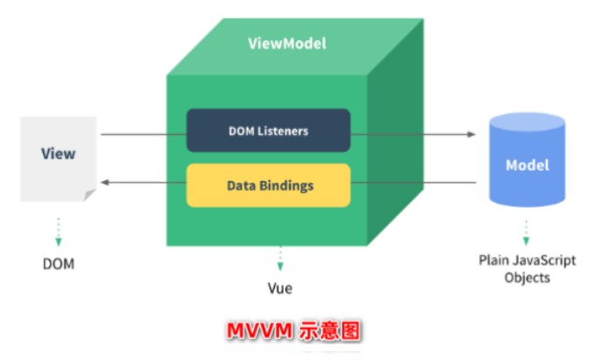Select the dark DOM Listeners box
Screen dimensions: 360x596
[x=269, y=131]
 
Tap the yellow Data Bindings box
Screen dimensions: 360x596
[x=269, y=186]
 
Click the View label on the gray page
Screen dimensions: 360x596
[x=58, y=153]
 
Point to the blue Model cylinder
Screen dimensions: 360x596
[x=527, y=166]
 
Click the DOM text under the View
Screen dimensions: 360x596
[x=58, y=262]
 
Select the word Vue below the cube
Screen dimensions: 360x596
[x=280, y=288]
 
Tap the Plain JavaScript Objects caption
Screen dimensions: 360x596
[x=526, y=269]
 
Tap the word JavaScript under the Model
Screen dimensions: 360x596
[x=542, y=260]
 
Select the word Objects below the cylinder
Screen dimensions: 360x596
[x=527, y=278]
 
